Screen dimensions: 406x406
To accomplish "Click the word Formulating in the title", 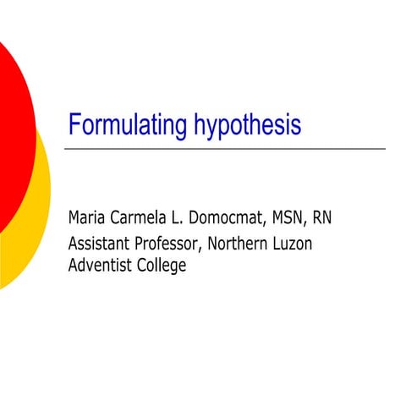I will (x=129, y=126).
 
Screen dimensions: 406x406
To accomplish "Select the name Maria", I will (x=89, y=217).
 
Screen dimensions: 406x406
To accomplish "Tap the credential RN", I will (x=322, y=217).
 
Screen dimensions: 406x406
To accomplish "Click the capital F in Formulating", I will (x=74, y=126).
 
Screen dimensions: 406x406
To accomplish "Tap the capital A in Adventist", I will (x=73, y=265).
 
